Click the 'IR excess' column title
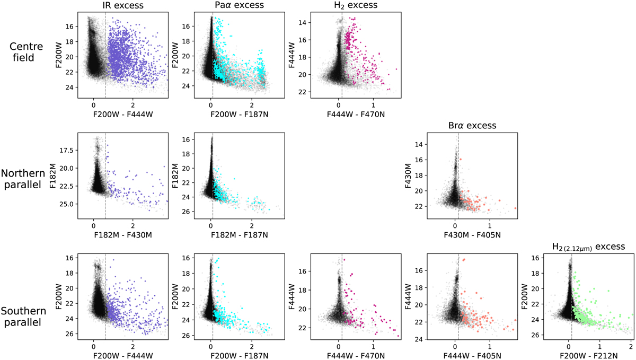pyautogui.click(x=122, y=6)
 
